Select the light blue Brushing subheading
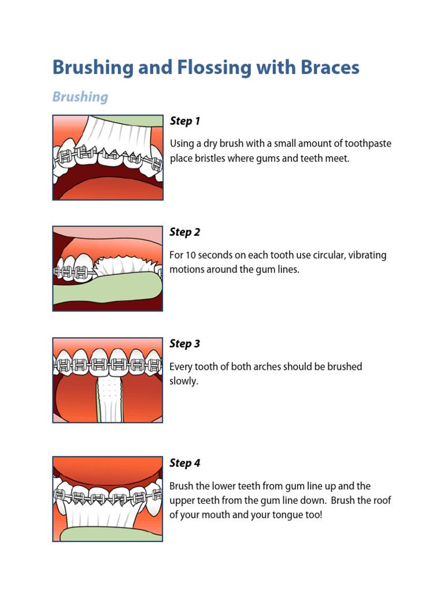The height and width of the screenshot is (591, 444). click(80, 96)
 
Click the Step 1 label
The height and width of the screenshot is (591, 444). click(184, 121)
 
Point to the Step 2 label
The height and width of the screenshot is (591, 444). click(184, 232)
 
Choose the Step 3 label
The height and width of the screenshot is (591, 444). click(184, 344)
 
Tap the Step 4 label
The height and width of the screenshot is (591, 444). click(184, 463)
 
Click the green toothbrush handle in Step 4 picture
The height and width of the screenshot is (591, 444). click(110, 533)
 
